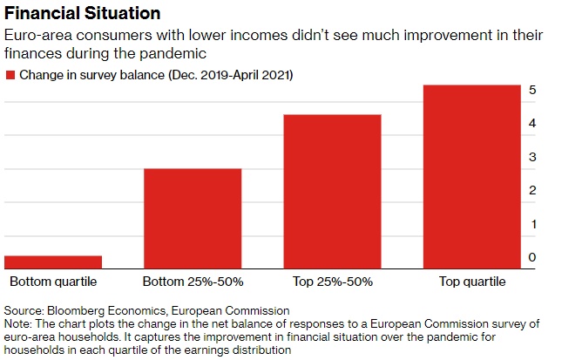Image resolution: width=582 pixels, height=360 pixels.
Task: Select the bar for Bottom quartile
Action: coord(53,262)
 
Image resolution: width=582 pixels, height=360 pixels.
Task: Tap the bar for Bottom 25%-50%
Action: coord(193,218)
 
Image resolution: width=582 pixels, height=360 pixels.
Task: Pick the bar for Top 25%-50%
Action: coord(332,191)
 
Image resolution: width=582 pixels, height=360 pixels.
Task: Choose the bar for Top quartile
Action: coord(471,176)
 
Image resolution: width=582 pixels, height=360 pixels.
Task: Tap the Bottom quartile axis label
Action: coord(53,282)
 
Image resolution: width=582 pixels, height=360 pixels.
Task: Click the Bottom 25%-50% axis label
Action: coord(193,282)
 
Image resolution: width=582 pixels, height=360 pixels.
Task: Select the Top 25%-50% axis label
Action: coord(332,282)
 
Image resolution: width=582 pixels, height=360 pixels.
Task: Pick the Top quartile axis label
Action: coord(471,282)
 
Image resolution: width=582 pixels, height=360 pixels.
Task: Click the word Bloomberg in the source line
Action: coord(76,310)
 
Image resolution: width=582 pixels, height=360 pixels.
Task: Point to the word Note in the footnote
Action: coord(17,323)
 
